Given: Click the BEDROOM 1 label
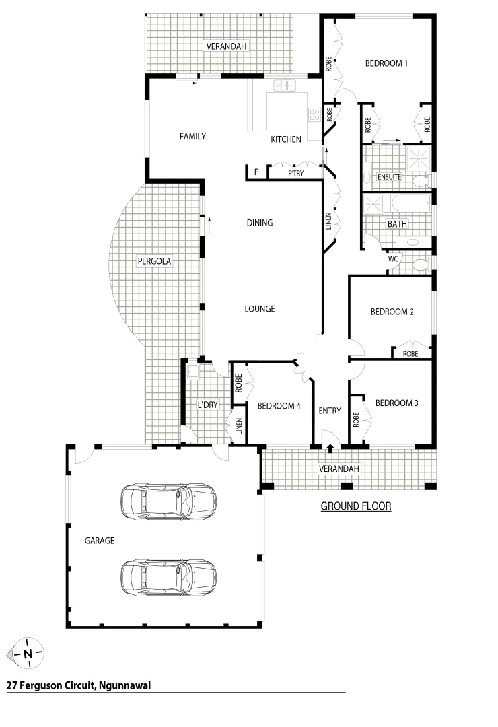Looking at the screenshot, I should [386, 63].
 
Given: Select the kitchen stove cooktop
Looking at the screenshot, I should [314, 114].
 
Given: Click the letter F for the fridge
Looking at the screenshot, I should [256, 173].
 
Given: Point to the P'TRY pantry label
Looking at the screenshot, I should [295, 173].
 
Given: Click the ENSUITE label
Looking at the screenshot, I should [389, 178].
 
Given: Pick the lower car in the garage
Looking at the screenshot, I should [168, 576].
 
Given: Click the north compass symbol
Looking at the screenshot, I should [28, 654].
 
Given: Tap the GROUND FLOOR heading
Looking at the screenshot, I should [355, 506].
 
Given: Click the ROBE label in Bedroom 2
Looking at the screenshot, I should [410, 353].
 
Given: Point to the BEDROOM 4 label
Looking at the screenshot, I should [279, 405].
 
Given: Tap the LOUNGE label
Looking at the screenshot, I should [259, 309].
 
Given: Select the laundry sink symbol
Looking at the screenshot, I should [192, 370].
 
